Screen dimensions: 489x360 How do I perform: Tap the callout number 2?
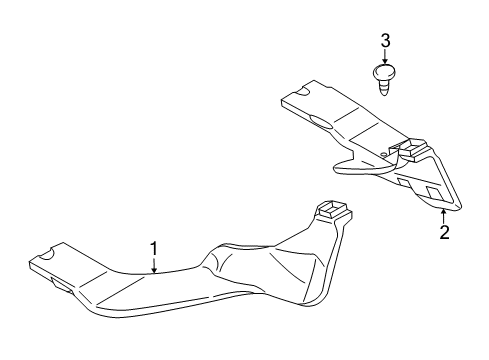(444, 232)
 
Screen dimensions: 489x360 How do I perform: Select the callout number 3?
(385, 41)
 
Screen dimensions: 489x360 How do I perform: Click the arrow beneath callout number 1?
(154, 265)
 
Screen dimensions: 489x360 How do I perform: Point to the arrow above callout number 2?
(443, 217)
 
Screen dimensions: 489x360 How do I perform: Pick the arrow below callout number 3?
(385, 56)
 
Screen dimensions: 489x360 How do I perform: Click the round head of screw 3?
(385, 72)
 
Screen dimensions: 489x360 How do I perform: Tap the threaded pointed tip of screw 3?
(385, 88)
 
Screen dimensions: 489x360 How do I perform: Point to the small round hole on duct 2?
(384, 154)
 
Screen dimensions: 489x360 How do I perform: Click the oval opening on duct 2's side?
(321, 122)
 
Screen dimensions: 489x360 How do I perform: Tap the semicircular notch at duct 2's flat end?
(303, 91)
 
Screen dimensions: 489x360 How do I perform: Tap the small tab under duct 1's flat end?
(63, 286)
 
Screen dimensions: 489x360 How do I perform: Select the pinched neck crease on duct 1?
(213, 262)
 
